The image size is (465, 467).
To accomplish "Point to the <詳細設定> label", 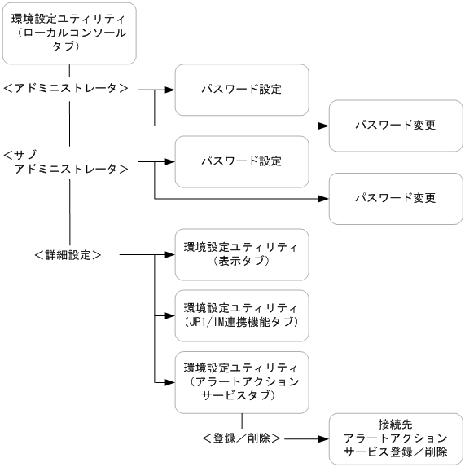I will tap(68, 255).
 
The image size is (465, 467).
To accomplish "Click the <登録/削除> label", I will tap(242, 438).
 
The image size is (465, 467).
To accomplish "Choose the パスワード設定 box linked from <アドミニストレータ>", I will tap(242, 89).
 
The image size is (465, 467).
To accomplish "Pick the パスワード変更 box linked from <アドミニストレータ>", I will tap(396, 126).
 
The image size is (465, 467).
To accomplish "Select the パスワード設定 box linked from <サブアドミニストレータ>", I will tap(242, 161).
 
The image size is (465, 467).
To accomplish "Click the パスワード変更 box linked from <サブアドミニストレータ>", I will tap(396, 198).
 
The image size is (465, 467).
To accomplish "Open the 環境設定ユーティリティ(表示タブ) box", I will tap(242, 254).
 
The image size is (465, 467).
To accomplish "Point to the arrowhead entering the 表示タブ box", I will tap(169, 255).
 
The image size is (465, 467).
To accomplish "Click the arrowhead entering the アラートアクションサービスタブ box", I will tap(169, 381).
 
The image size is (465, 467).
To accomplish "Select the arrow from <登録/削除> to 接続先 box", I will tap(305, 438).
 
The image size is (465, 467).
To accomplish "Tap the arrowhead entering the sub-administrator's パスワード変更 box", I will tap(323, 198).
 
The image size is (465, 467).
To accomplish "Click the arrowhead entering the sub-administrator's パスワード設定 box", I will tap(169, 161).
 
